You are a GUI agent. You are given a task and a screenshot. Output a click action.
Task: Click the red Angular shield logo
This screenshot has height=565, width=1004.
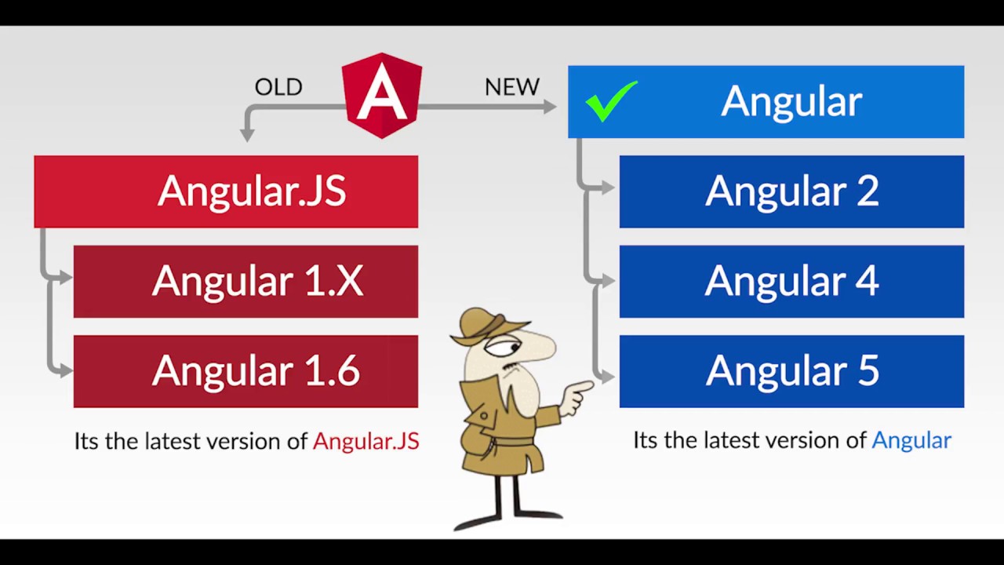(382, 95)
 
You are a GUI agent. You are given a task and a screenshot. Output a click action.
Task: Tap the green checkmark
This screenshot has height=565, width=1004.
(611, 102)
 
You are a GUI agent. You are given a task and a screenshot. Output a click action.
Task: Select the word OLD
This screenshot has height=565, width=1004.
(278, 87)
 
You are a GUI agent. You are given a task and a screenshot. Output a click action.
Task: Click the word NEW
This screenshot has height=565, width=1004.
(512, 87)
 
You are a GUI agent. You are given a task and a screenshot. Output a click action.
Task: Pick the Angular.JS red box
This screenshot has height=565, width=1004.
(226, 191)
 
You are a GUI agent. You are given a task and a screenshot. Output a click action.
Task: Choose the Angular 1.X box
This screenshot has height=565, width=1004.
(246, 281)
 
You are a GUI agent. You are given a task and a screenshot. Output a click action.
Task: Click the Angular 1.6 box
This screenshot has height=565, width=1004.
(246, 371)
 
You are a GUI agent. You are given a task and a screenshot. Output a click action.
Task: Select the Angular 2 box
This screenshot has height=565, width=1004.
(791, 191)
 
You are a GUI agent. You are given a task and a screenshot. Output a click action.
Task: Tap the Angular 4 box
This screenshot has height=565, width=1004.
(791, 281)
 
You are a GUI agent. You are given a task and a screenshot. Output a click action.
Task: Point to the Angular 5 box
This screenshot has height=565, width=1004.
(791, 371)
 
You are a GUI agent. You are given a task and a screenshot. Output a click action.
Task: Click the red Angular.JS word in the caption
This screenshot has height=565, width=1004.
(366, 441)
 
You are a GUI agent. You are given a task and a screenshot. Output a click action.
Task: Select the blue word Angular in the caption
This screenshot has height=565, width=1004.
(911, 440)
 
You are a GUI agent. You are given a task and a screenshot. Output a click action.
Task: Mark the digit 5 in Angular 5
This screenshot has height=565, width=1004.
(868, 371)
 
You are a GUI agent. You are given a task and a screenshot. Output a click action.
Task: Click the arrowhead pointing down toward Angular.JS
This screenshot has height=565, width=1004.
(247, 136)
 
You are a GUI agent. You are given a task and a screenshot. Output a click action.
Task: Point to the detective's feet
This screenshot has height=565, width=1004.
(510, 519)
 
